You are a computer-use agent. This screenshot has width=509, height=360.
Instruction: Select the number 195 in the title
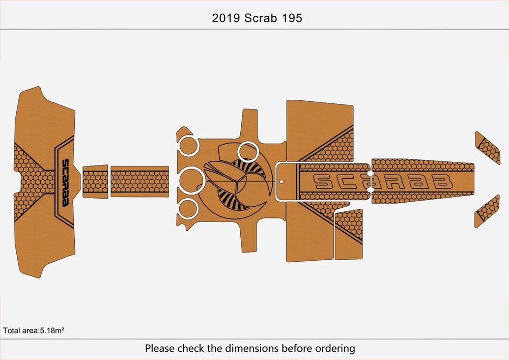(292, 18)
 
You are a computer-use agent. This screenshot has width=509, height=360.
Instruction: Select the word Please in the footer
(161, 349)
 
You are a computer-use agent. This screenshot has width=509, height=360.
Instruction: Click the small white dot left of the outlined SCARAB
(280, 182)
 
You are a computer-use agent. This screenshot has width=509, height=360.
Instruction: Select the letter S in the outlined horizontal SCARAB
(323, 181)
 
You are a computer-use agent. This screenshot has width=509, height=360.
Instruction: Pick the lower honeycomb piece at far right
(487, 211)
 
